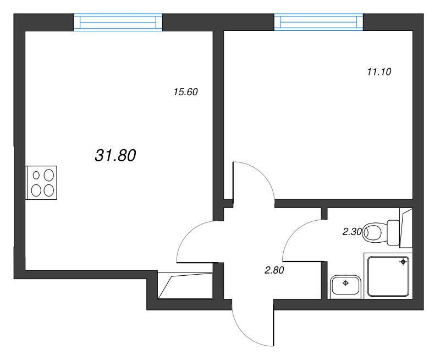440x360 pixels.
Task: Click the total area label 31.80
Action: tap(116, 156)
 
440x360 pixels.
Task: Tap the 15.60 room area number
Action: tap(185, 92)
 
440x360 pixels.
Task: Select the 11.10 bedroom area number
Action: tap(378, 72)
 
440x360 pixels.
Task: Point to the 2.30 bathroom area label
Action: tap(351, 232)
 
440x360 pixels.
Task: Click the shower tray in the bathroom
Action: tap(387, 277)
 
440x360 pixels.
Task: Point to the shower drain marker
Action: tap(403, 262)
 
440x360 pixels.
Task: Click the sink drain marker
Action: tap(345, 283)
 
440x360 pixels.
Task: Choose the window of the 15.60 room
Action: tap(118, 22)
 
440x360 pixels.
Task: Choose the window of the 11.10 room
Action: tap(318, 22)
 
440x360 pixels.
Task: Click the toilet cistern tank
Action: tap(393, 232)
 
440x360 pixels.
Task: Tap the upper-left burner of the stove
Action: tap(37, 176)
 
